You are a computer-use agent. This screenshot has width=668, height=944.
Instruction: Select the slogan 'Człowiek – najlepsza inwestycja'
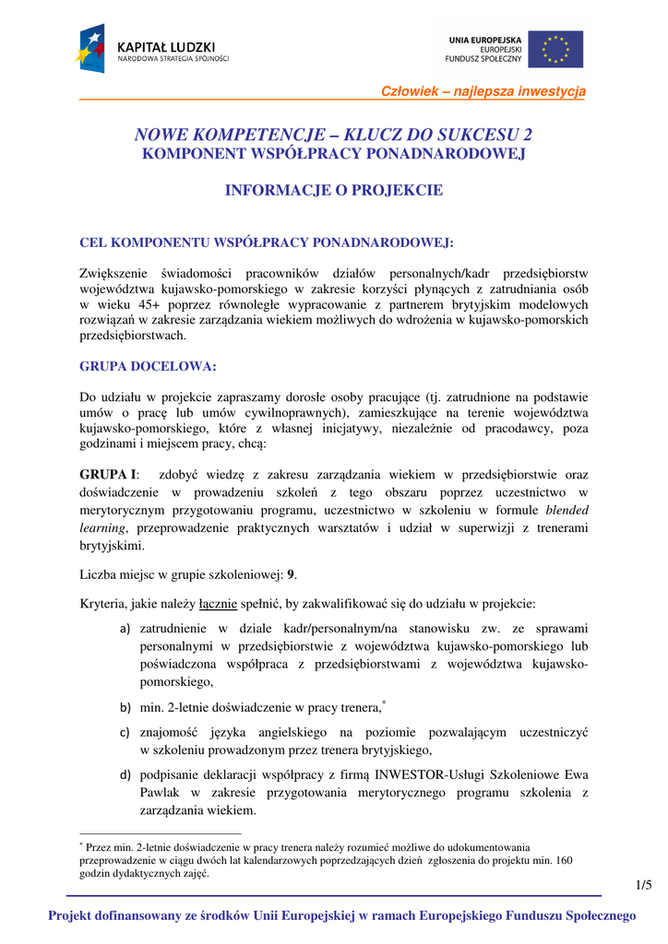click(x=483, y=90)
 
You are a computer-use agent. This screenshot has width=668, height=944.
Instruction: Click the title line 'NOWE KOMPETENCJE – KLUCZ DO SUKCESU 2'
click(x=333, y=135)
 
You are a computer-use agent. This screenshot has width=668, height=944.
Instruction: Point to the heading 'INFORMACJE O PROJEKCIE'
click(x=334, y=191)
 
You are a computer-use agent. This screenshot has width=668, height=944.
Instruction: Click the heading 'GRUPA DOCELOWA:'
click(x=149, y=366)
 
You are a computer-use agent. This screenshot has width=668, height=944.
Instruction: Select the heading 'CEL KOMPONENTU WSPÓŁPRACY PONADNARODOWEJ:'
click(x=268, y=242)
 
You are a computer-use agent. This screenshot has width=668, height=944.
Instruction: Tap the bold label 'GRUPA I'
click(x=107, y=475)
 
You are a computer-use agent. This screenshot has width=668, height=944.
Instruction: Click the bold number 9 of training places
click(x=292, y=574)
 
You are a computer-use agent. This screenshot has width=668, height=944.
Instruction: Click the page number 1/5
click(x=643, y=885)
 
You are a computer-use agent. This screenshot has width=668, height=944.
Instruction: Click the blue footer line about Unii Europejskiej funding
click(x=342, y=915)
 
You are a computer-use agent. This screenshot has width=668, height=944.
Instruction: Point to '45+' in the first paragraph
click(x=133, y=302)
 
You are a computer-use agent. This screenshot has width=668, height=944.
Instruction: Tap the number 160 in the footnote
click(x=562, y=860)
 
